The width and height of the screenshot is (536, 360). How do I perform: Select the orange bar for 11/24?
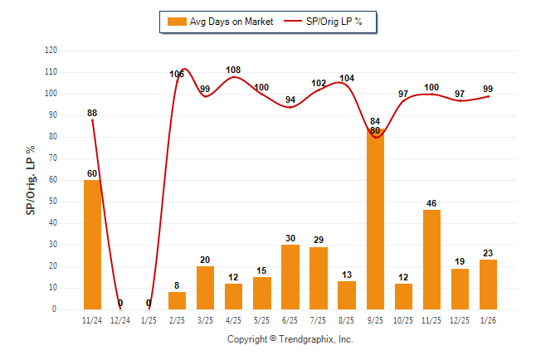coord(92,245)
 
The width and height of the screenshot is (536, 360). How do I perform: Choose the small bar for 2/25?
coord(178,300)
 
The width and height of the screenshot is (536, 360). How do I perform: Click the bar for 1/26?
coord(488,285)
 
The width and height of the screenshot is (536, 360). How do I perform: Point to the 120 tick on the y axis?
coord(51,51)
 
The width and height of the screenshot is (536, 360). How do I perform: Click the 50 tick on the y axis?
coord(53,202)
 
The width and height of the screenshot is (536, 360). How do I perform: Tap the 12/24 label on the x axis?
coord(120,319)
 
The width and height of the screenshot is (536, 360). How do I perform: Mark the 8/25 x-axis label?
coord(347,319)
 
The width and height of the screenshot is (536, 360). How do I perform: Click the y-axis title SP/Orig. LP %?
coord(31,179)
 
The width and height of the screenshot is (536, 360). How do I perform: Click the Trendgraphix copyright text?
coord(290,339)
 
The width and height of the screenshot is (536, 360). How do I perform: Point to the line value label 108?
coord(233,70)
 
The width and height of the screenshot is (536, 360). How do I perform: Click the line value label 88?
coord(93,113)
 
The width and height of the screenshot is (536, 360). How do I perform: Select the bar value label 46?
coord(431,202)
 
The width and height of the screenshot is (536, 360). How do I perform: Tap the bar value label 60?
coord(92,173)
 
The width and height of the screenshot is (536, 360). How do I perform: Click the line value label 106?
coord(177,75)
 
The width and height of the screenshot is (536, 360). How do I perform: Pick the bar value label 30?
coord(290,238)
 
